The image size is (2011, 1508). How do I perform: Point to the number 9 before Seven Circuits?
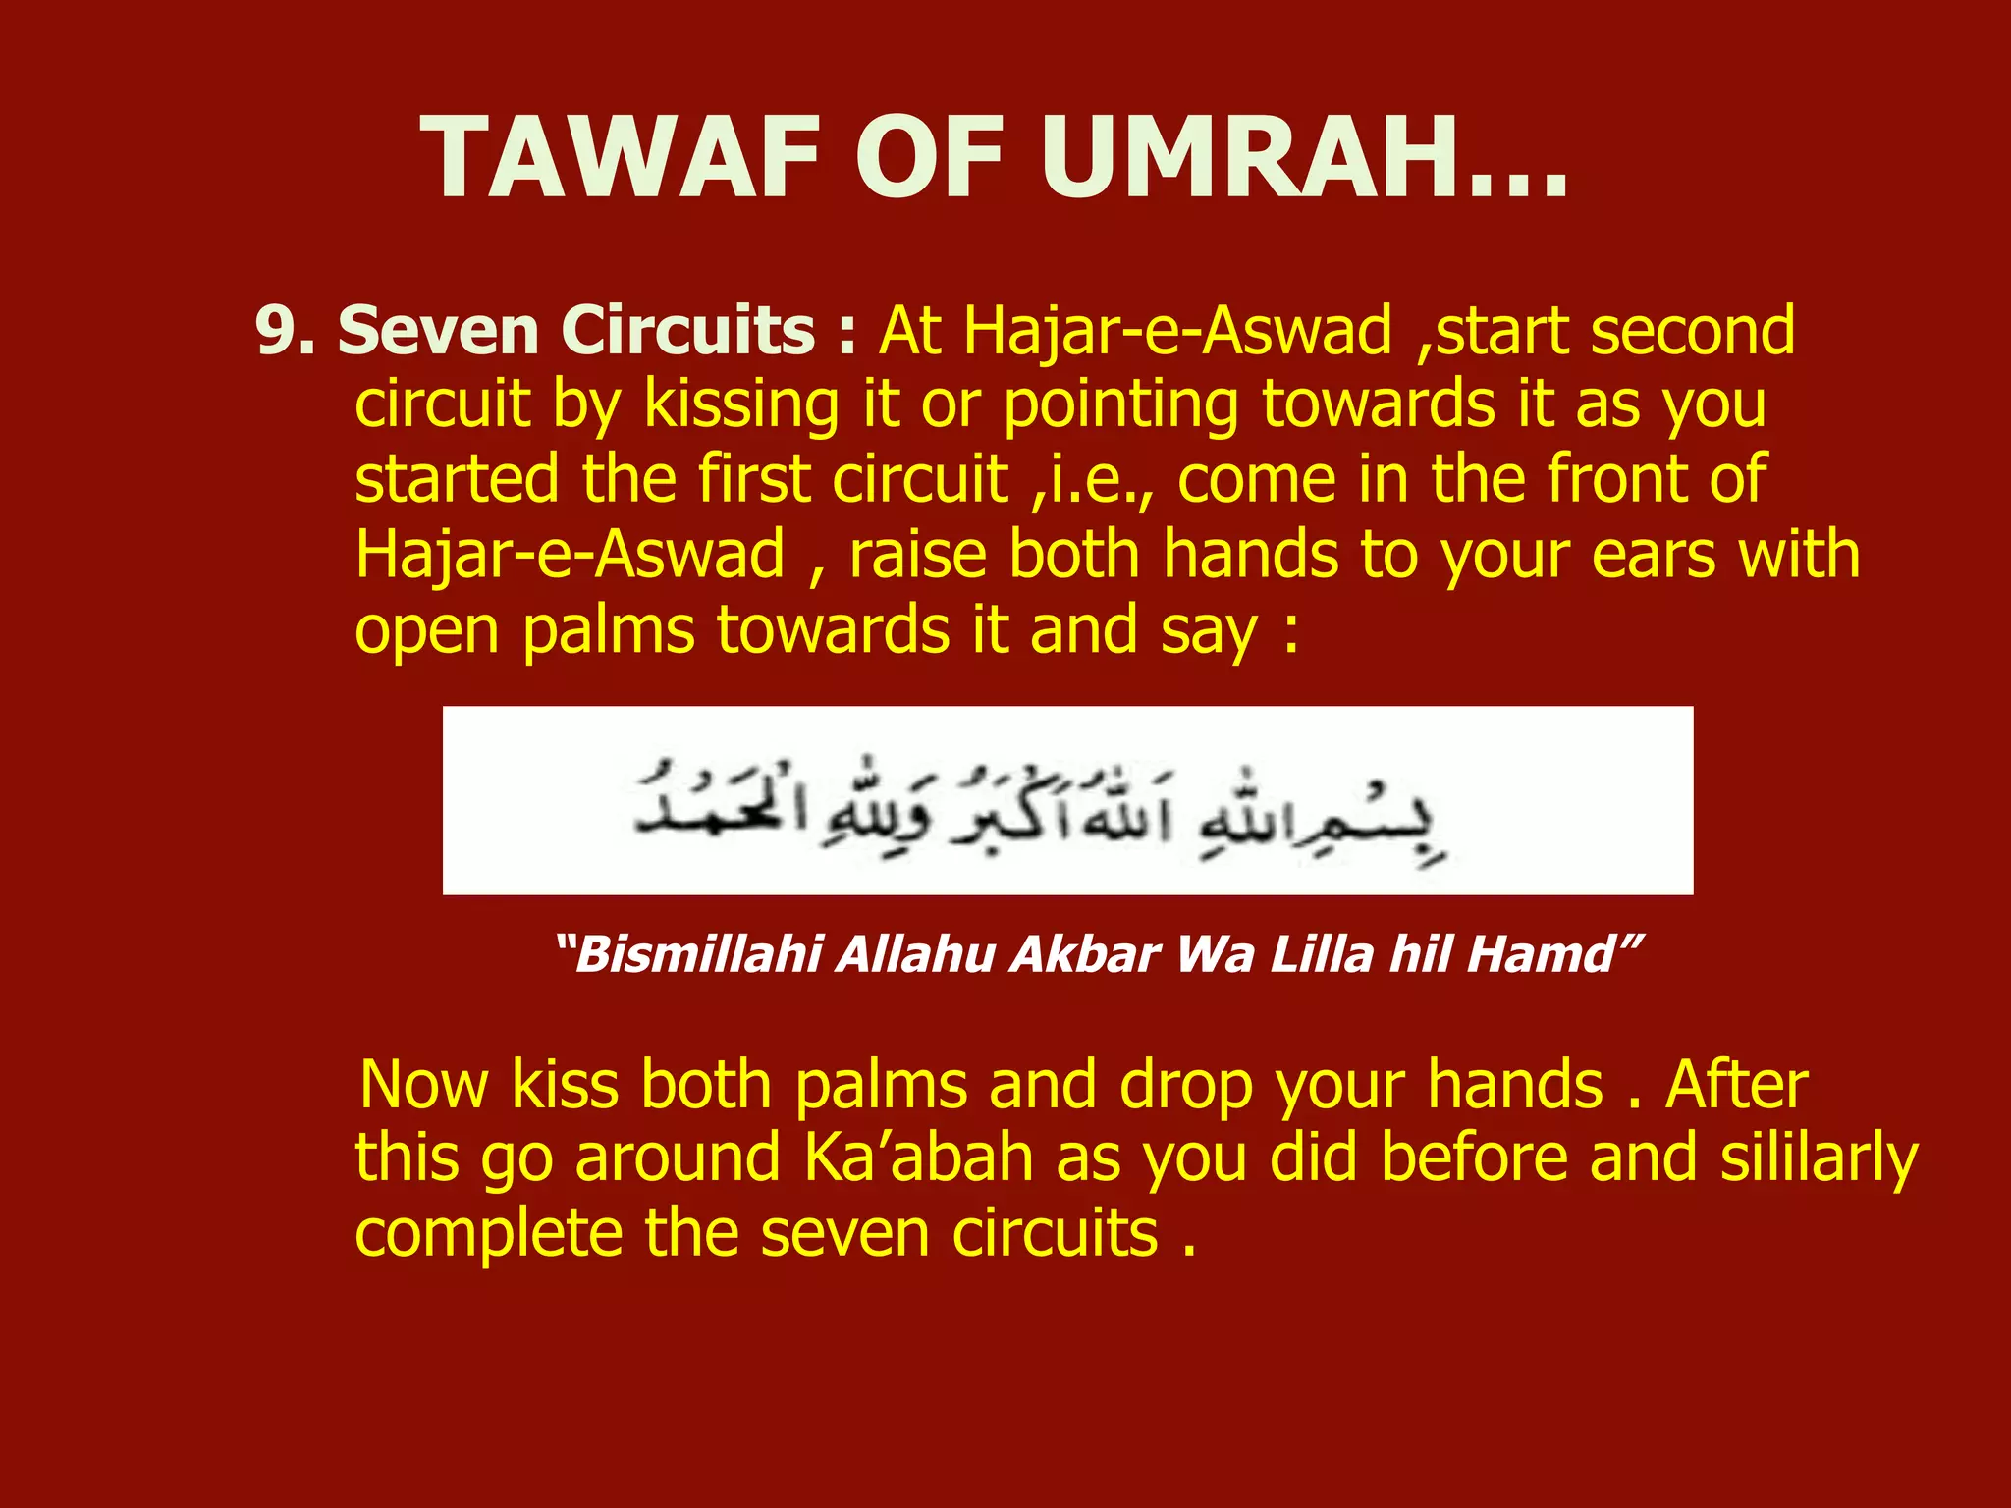[x=274, y=331]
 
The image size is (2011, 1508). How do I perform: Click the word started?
[x=458, y=479]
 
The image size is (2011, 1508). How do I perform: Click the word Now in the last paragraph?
[x=424, y=1085]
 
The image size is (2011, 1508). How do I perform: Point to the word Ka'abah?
[x=919, y=1158]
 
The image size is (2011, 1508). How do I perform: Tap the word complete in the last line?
[x=489, y=1234]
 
